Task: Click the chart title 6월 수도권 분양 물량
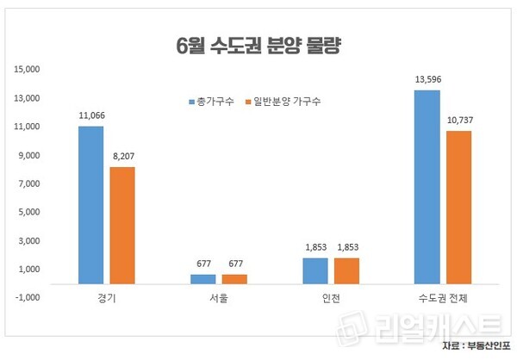tap(258, 45)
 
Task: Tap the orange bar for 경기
tap(122, 225)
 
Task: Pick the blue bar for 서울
tap(202, 278)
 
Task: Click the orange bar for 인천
tap(346, 270)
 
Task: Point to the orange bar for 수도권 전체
tap(459, 207)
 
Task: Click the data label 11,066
tap(90, 115)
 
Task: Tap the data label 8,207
tap(122, 156)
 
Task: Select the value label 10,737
tap(459, 120)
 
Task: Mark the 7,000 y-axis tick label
tap(31, 183)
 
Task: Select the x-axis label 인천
tap(330, 297)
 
